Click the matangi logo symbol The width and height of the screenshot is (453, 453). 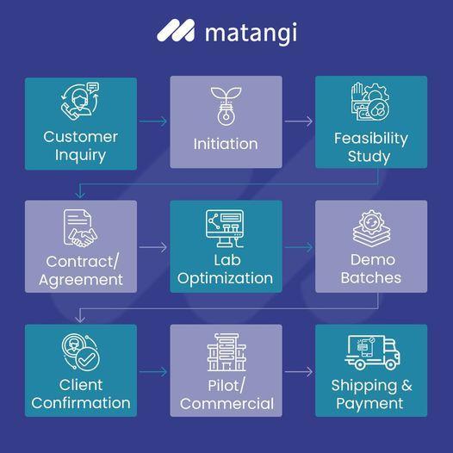(176, 30)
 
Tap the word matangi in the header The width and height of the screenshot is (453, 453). (251, 33)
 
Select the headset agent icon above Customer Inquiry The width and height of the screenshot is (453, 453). (80, 101)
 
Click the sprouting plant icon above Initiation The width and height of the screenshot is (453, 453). (226, 106)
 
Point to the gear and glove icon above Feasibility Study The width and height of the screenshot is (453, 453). (370, 102)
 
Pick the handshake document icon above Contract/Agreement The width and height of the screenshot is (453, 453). (80, 228)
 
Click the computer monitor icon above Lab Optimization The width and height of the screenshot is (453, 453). (225, 228)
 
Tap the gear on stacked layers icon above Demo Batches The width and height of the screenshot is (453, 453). (371, 228)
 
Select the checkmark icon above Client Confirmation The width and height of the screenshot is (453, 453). (81, 352)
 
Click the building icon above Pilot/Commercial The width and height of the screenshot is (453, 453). (226, 352)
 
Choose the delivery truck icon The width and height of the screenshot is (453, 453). (372, 352)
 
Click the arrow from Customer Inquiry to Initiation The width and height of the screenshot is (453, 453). (152, 121)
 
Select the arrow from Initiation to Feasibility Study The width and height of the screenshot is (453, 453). (299, 121)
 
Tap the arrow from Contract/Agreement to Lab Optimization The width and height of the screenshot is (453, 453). (152, 247)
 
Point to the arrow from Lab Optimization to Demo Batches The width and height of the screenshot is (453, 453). (299, 247)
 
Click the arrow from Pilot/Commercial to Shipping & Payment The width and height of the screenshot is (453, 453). (299, 371)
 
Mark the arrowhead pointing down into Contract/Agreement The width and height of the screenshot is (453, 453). (80, 195)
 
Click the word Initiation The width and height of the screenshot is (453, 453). (226, 144)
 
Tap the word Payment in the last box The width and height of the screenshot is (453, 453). (369, 404)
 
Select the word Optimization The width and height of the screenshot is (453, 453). (225, 279)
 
